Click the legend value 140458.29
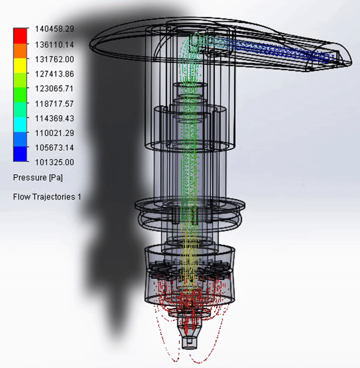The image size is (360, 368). tap(54, 29)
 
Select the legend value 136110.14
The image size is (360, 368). tap(54, 45)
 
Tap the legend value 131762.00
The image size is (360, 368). tap(54, 59)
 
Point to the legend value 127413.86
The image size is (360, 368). tap(54, 74)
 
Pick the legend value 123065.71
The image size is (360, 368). tap(54, 89)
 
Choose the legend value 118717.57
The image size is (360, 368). tap(54, 103)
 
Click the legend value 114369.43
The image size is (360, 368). tap(54, 118)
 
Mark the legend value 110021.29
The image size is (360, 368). tap(54, 133)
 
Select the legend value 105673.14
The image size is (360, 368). tap(54, 148)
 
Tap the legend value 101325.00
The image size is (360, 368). tap(54, 162)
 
